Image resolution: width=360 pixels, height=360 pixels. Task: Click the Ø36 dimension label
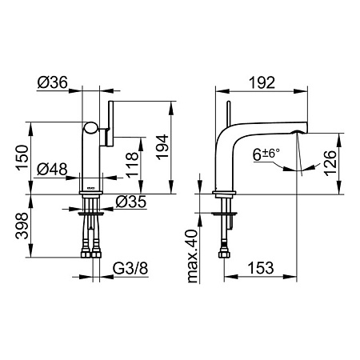pos(53,82)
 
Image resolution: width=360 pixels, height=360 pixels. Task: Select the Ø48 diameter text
pos(52,169)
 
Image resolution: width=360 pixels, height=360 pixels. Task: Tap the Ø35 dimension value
pos(130,202)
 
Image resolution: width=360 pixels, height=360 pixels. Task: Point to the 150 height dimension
pos(22,158)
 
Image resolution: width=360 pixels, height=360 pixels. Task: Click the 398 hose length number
pos(22,226)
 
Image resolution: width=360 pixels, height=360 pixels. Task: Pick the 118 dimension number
pos(133,165)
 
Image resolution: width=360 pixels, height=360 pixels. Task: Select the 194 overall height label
pos(162,147)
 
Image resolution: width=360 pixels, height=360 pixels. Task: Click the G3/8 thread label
pos(130,268)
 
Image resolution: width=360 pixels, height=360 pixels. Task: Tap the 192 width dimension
pos(262,82)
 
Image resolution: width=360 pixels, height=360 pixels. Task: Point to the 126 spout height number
pos(330,162)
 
